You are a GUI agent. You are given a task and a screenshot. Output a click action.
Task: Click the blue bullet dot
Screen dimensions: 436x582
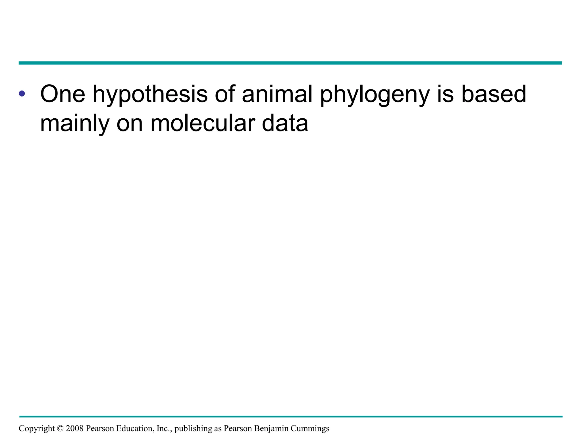22,93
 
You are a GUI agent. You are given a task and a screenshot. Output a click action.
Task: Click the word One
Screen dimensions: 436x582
63,94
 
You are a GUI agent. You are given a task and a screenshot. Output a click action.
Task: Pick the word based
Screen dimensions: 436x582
494,94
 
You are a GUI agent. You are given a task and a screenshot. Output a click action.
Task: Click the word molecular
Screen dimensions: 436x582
203,124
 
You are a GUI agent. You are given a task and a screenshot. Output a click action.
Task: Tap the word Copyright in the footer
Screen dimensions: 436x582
37,428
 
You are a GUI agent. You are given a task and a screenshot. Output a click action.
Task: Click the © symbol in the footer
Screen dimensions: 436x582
60,428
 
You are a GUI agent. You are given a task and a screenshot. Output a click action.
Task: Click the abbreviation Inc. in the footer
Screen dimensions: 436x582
164,428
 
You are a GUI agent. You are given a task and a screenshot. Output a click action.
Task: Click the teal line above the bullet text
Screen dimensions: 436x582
290,63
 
